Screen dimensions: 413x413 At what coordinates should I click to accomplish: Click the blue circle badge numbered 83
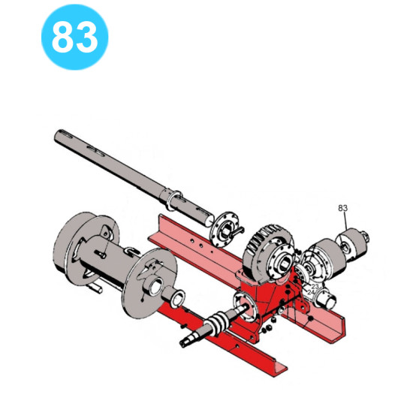click(x=75, y=37)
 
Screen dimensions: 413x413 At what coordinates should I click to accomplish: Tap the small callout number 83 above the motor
click(x=342, y=208)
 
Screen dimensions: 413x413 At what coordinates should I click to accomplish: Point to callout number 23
click(x=315, y=286)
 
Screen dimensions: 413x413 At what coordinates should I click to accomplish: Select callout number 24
click(x=311, y=292)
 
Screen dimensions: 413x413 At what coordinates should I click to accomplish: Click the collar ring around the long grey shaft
click(x=173, y=200)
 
